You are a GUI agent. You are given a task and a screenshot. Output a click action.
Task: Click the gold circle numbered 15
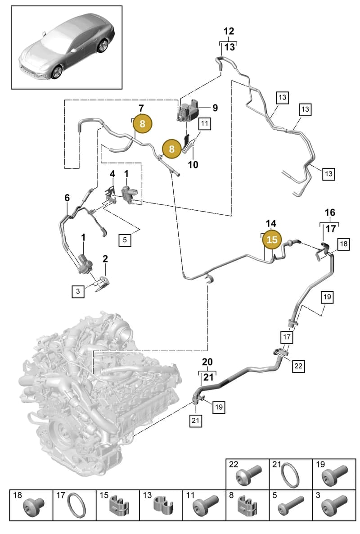click(x=272, y=240)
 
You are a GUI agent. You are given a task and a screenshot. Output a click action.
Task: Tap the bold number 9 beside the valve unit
click(x=215, y=108)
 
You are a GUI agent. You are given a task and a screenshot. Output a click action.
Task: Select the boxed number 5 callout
click(x=125, y=240)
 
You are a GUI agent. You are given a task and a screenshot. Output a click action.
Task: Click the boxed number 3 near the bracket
click(x=78, y=291)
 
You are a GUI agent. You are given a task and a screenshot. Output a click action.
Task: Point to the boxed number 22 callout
click(x=298, y=366)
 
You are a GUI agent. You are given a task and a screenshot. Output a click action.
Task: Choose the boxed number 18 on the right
click(x=344, y=244)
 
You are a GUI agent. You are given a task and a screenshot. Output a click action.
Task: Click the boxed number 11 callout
click(x=204, y=123)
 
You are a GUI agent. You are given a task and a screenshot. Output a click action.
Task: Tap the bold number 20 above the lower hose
click(x=207, y=362)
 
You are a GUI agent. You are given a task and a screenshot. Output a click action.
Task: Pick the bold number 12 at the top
click(x=229, y=32)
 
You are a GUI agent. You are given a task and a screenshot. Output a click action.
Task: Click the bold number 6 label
click(x=67, y=198)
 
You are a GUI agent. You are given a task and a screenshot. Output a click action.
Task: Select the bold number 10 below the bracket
click(x=193, y=165)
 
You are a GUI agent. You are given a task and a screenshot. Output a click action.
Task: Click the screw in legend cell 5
click(x=291, y=505)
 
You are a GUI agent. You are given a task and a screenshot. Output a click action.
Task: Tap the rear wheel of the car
click(x=103, y=45)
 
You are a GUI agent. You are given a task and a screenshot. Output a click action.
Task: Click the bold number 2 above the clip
click(x=105, y=258)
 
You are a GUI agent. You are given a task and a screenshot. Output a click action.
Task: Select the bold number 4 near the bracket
click(x=112, y=174)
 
